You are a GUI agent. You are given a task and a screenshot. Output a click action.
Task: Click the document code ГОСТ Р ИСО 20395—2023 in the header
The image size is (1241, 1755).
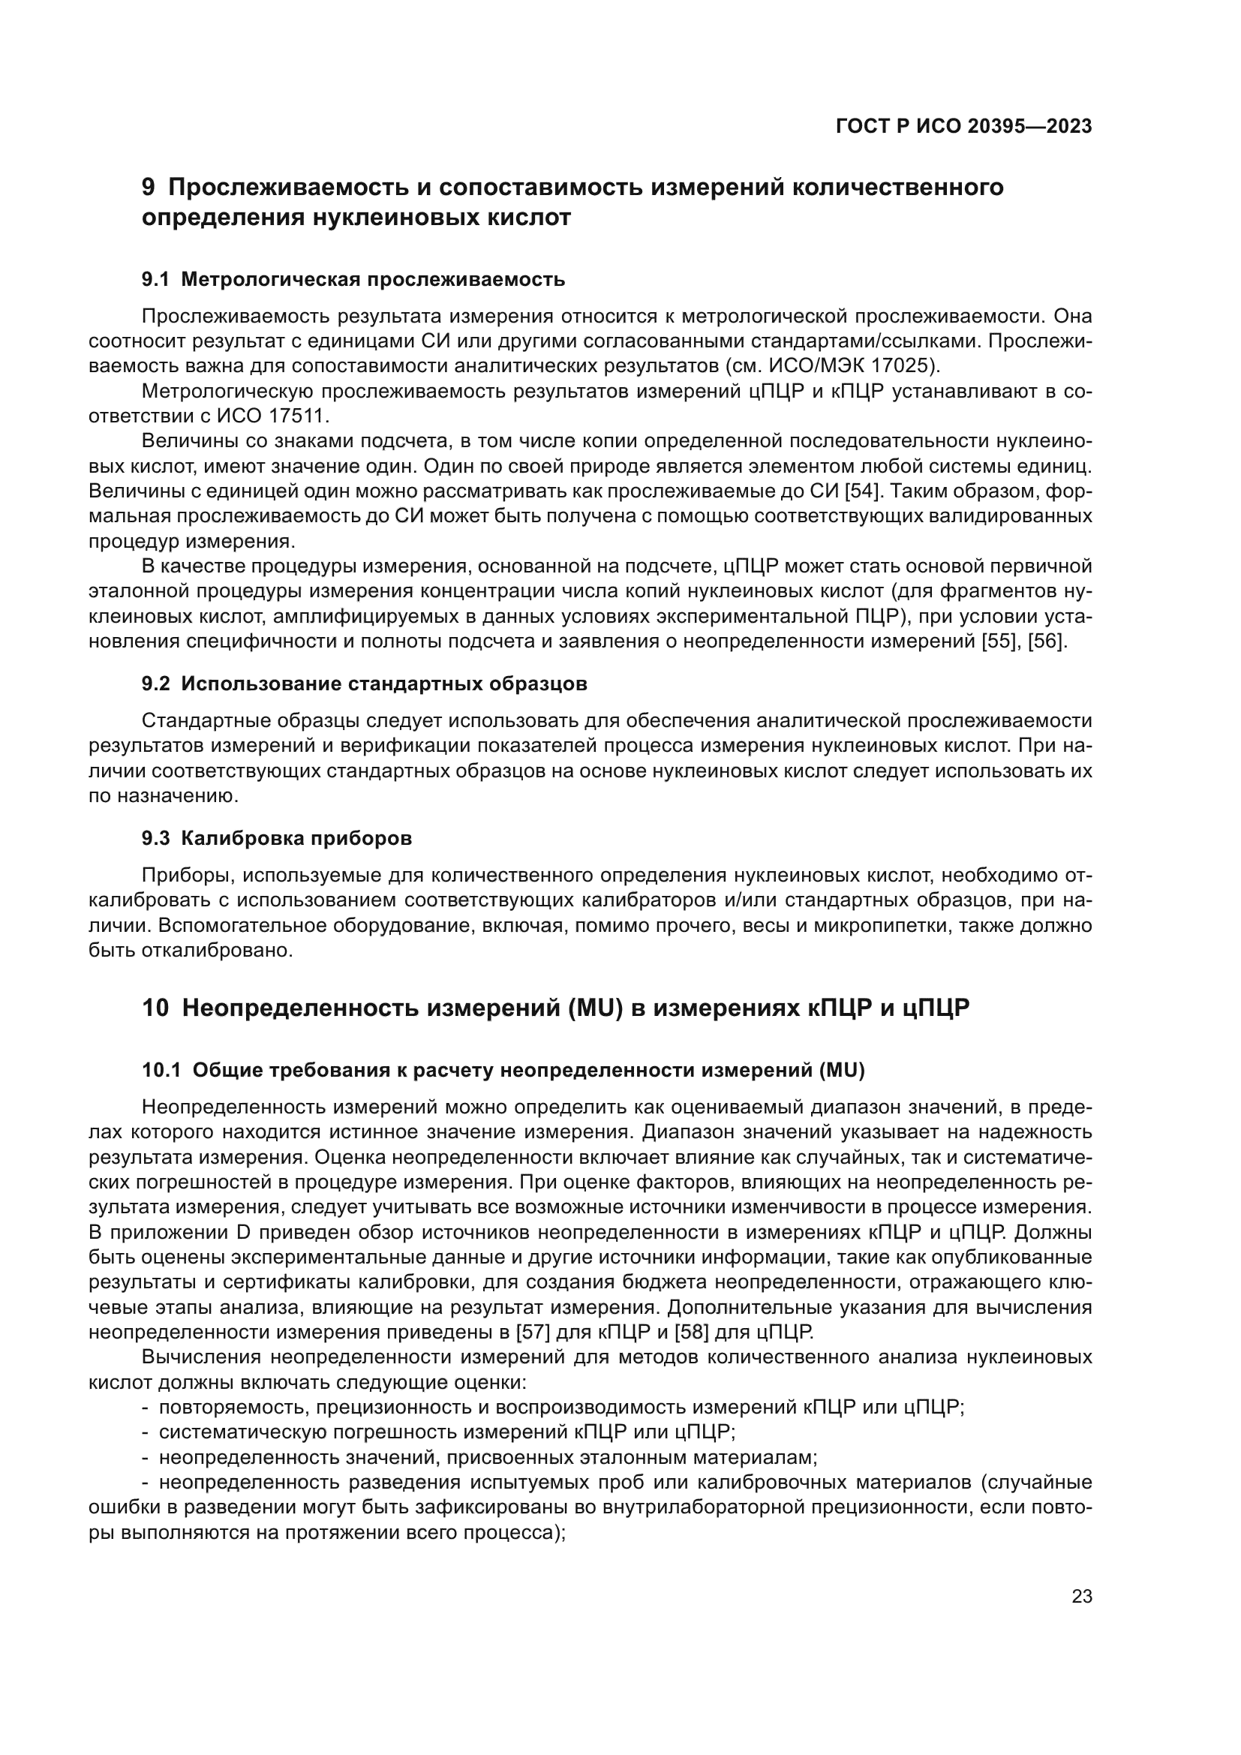tap(963, 127)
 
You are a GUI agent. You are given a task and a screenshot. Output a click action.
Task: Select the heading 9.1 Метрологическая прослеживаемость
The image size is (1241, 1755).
tap(353, 280)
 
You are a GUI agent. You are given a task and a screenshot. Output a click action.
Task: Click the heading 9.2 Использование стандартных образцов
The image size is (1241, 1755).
tap(365, 684)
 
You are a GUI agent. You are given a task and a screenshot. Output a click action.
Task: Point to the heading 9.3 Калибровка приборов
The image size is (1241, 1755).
tap(277, 839)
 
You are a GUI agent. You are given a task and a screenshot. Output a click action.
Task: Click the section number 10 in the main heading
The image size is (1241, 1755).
tap(155, 1008)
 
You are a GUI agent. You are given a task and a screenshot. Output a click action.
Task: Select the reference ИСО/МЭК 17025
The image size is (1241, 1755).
tap(857, 366)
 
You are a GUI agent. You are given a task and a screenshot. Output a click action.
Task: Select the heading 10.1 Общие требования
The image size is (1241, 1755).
tap(503, 1071)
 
